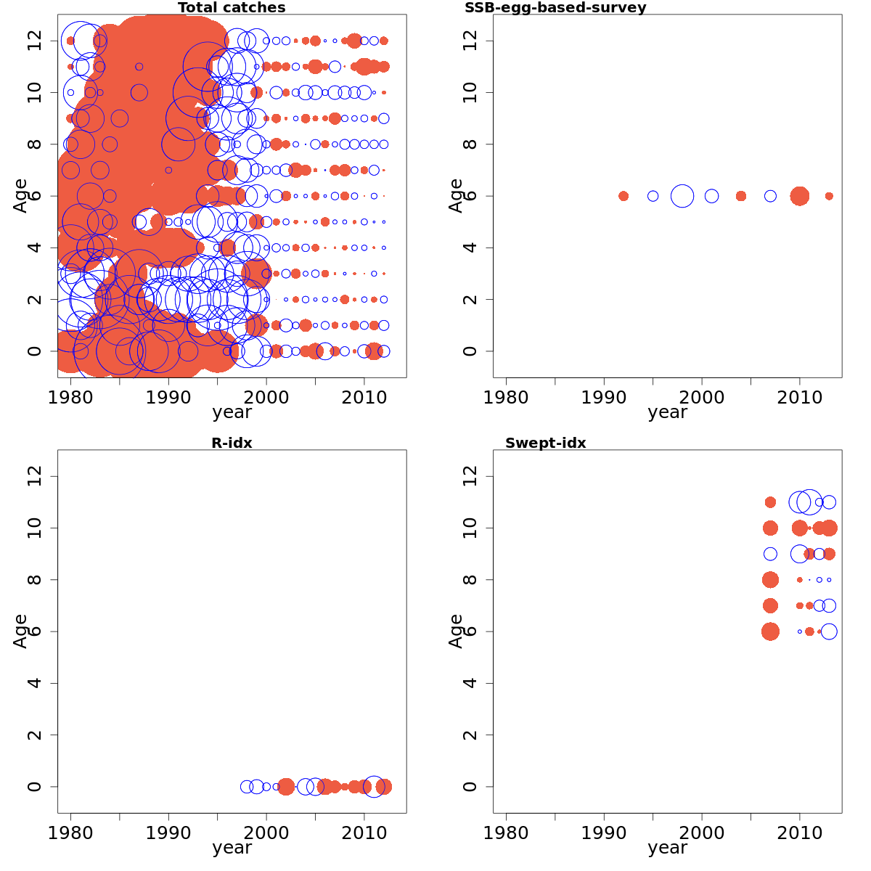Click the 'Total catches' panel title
232,8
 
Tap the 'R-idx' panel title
232,443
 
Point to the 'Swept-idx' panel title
545,443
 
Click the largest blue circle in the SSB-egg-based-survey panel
682,196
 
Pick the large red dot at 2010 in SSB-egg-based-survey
799,196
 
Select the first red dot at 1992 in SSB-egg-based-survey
623,196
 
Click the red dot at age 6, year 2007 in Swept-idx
770,631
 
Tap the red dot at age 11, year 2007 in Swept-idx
770,502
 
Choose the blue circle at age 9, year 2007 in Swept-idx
770,554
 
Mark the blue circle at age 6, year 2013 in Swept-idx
829,631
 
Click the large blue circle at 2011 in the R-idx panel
374,786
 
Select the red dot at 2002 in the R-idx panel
286,786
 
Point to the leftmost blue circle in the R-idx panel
247,786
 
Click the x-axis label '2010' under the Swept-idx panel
799,833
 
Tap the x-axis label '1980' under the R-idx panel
70,833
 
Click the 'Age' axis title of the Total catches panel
21,195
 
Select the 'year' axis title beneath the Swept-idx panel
667,847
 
